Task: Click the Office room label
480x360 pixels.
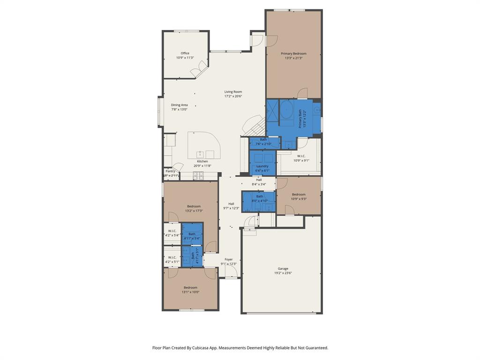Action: pyautogui.click(x=185, y=53)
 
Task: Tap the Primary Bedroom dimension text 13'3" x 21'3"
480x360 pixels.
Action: pyautogui.click(x=293, y=58)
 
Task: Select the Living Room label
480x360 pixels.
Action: pyautogui.click(x=233, y=92)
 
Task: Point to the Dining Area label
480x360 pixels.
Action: pyautogui.click(x=179, y=105)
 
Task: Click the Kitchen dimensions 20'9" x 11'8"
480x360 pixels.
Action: pyautogui.click(x=202, y=165)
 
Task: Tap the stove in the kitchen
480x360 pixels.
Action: pyautogui.click(x=199, y=175)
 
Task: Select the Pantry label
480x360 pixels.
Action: pyautogui.click(x=170, y=171)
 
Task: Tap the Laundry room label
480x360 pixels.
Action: pyautogui.click(x=262, y=166)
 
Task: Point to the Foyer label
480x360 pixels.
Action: pyautogui.click(x=228, y=259)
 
